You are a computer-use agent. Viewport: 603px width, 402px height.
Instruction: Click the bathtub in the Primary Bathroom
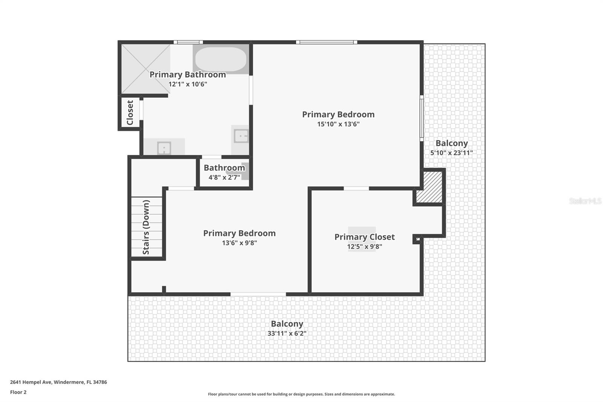tap(221, 59)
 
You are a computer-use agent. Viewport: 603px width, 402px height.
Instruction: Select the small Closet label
tap(130, 112)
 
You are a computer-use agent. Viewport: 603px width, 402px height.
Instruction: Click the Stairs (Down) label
tap(146, 227)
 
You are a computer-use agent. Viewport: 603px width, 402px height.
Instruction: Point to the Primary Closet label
tap(364, 237)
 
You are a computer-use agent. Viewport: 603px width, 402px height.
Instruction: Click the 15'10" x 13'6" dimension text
tap(338, 124)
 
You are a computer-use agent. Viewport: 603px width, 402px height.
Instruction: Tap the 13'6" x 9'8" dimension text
tap(239, 243)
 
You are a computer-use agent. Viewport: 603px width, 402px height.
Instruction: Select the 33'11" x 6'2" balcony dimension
tap(287, 333)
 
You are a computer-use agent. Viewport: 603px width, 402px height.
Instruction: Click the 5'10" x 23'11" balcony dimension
tap(451, 153)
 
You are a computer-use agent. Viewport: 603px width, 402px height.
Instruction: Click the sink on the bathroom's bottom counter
tap(164, 147)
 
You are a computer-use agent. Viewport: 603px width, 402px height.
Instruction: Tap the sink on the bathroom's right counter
tap(241, 136)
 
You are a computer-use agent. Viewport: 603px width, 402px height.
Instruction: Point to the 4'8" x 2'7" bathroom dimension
tap(224, 177)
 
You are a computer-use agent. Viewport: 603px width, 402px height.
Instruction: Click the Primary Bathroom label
tap(188, 75)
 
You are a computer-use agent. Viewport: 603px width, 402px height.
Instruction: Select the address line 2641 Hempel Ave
tap(58, 382)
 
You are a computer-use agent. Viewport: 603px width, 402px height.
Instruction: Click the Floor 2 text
tap(18, 392)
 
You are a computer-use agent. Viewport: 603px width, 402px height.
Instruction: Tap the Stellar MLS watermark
tap(585, 201)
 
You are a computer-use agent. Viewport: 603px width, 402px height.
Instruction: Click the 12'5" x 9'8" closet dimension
tap(364, 247)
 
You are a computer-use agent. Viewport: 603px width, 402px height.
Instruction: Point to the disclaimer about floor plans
tap(301, 394)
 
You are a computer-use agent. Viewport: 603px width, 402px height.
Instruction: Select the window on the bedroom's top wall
tap(326, 42)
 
